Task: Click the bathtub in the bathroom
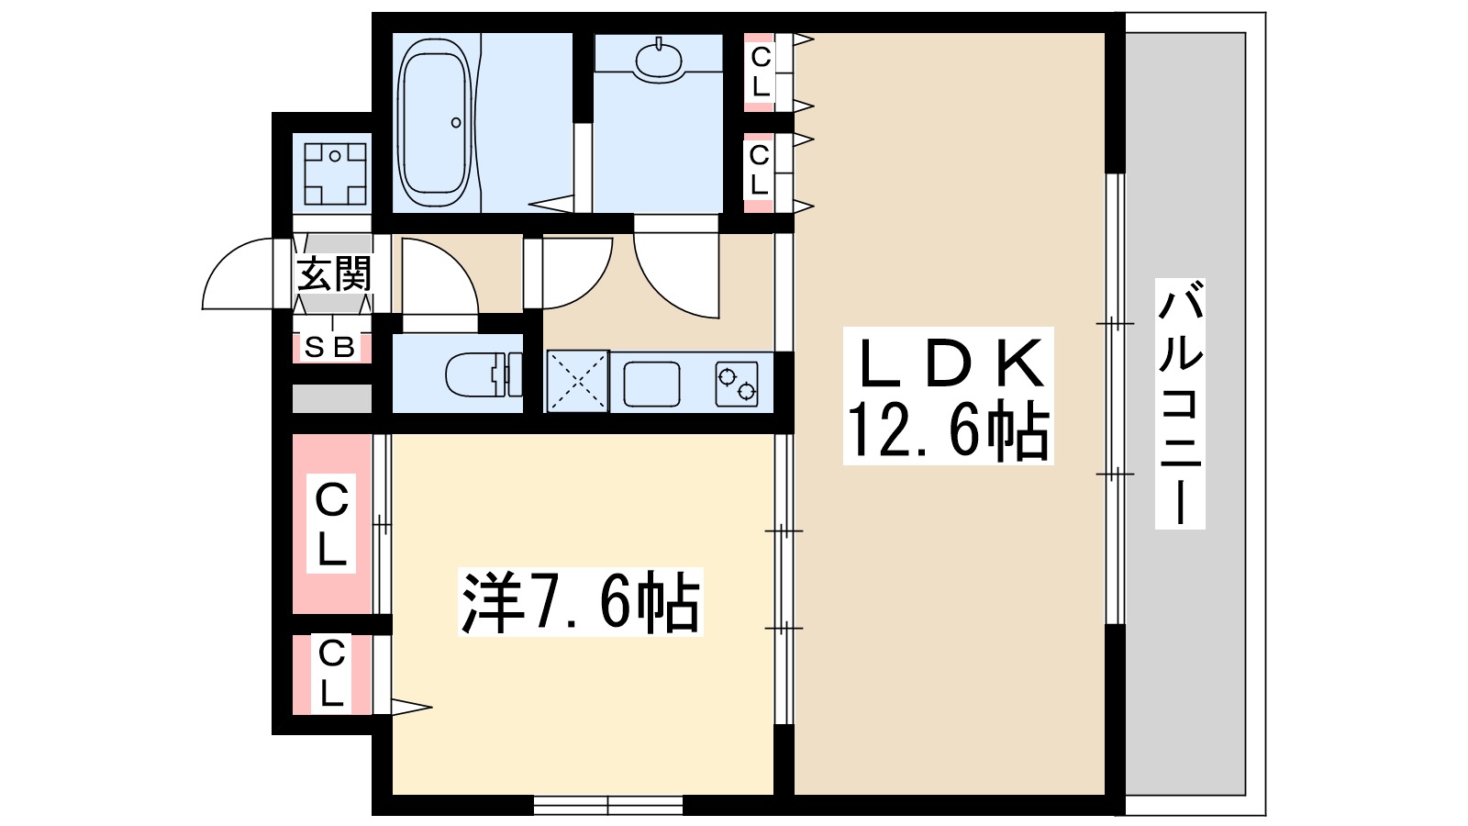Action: click(436, 122)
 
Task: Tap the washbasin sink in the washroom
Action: click(659, 60)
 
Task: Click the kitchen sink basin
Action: click(651, 383)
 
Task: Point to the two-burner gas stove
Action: click(738, 384)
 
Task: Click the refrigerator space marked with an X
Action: click(577, 381)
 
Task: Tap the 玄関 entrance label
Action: click(334, 274)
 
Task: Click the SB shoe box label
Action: click(329, 347)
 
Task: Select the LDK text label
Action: click(949, 364)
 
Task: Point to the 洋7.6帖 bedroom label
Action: click(580, 602)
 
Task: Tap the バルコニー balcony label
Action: click(1179, 404)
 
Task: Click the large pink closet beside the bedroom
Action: click(331, 523)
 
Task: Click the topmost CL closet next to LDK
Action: click(760, 72)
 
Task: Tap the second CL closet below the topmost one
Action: click(759, 171)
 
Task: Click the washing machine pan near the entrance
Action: click(335, 173)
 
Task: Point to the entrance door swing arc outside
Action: click(236, 275)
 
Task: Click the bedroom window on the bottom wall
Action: click(607, 806)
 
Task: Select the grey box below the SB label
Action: click(331, 398)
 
